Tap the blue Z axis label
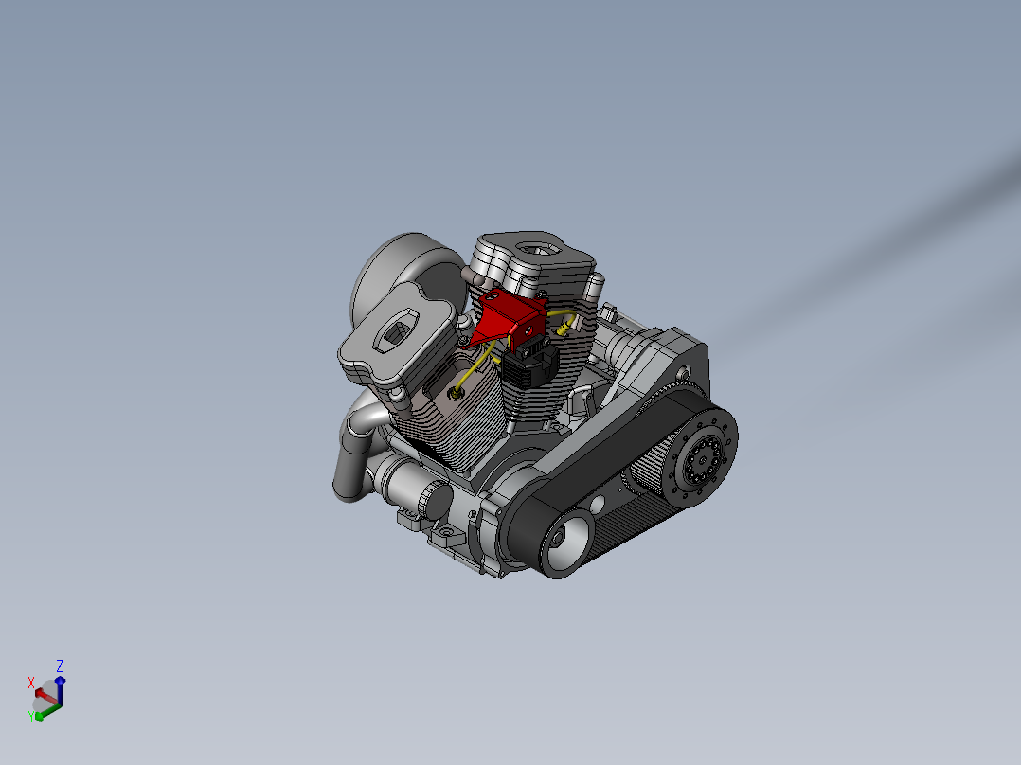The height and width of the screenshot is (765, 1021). pyautogui.click(x=60, y=666)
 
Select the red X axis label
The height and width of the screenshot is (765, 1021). pyautogui.click(x=30, y=683)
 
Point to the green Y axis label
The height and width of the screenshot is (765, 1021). pyautogui.click(x=30, y=716)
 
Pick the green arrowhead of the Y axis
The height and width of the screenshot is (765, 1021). pyautogui.click(x=39, y=716)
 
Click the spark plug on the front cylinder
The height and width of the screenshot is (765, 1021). pyautogui.click(x=454, y=392)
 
